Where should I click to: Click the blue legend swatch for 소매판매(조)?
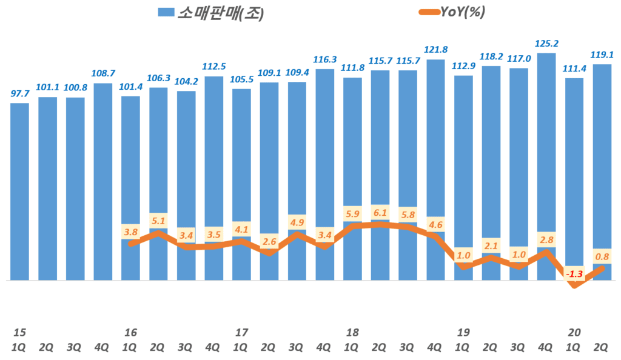166,13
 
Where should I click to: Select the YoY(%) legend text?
462,12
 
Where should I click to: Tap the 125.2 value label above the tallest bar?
546,44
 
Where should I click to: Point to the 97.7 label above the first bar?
20,94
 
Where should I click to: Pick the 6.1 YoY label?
380,213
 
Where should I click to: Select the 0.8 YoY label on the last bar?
602,256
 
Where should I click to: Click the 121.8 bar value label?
435,50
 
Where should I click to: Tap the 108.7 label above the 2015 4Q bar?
103,74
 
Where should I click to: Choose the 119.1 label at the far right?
602,55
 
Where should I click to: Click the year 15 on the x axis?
20,332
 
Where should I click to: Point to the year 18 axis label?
352,332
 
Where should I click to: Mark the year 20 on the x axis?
574,332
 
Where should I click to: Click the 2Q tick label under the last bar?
602,347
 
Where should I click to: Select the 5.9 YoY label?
352,214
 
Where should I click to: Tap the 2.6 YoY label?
269,242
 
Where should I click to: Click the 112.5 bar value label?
214,67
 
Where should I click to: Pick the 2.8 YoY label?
546,239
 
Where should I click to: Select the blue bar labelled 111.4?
574,176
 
